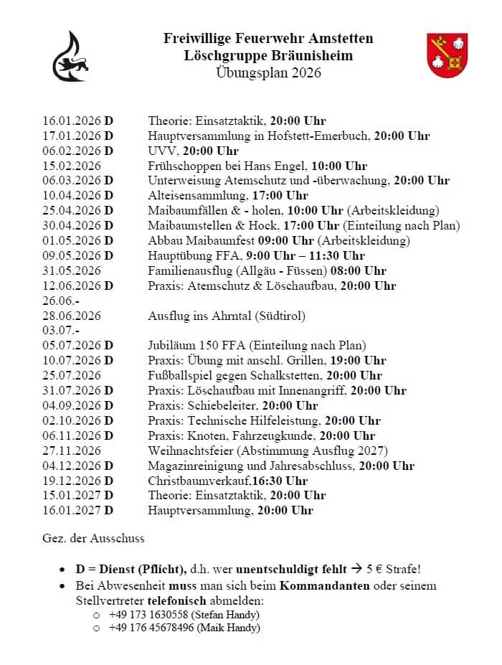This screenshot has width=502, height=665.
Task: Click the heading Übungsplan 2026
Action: (267, 72)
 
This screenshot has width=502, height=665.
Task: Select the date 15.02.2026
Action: (72, 166)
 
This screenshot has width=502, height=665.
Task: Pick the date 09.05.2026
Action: (72, 255)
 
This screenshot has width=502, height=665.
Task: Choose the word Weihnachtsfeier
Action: (191, 451)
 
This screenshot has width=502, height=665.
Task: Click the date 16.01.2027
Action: (72, 511)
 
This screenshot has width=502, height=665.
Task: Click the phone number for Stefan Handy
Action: (148, 616)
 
